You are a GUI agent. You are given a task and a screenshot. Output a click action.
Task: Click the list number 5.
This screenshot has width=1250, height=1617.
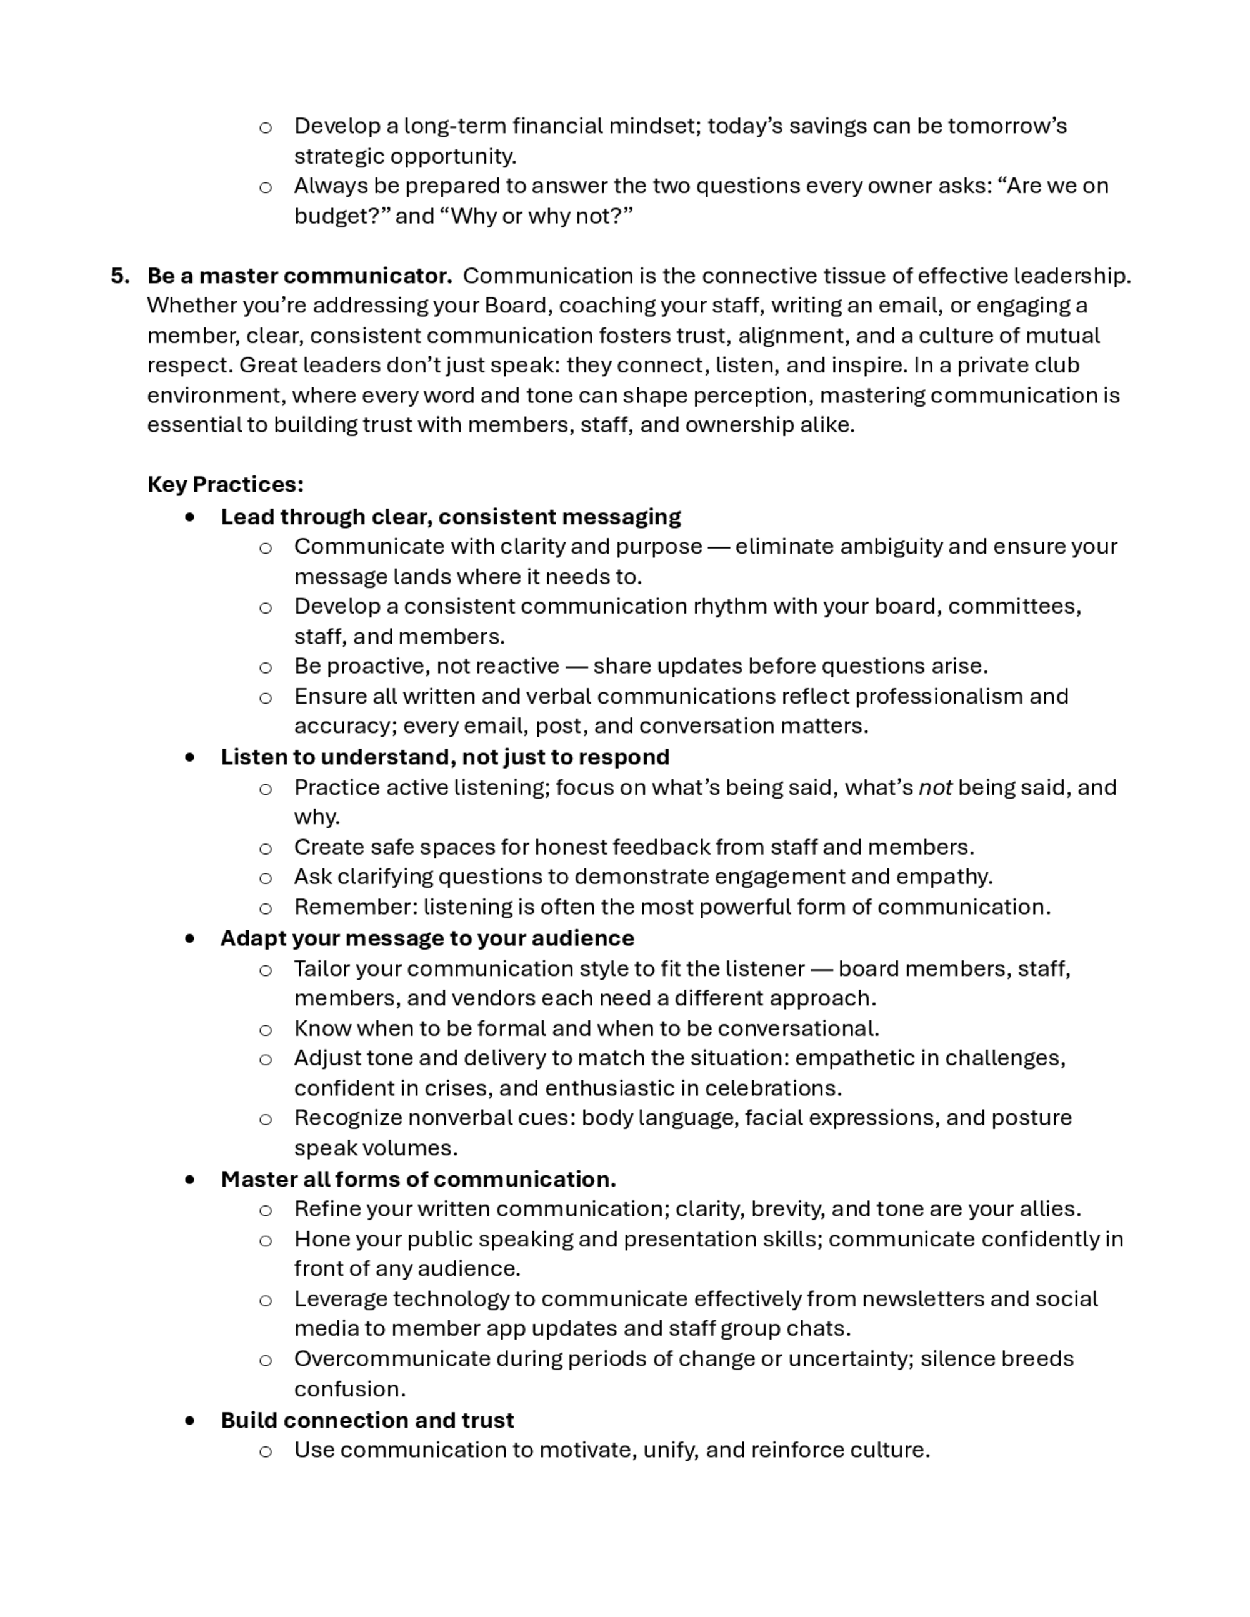point(119,276)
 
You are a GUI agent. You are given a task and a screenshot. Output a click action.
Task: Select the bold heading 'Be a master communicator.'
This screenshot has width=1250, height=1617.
point(299,276)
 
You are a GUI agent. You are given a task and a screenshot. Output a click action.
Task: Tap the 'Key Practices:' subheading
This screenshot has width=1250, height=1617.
point(225,484)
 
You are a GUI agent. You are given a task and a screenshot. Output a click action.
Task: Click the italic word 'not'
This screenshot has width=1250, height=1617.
point(934,787)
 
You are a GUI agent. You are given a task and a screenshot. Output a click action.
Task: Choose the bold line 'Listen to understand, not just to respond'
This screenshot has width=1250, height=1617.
point(444,757)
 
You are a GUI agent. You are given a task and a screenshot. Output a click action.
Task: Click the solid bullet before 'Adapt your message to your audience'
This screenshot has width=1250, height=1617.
point(191,939)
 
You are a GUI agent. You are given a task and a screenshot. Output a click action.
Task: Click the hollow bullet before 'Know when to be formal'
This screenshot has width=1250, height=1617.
point(265,1030)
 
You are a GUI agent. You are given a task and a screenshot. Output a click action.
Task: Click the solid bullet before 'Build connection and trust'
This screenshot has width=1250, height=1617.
point(191,1420)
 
